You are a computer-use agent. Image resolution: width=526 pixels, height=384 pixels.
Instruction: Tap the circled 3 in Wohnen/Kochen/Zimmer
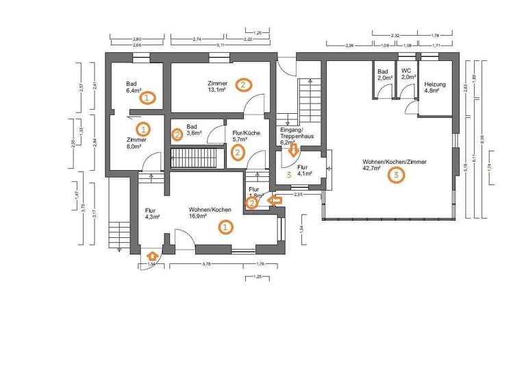click(x=396, y=175)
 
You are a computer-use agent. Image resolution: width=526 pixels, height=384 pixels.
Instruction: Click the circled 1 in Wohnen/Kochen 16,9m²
click(x=224, y=226)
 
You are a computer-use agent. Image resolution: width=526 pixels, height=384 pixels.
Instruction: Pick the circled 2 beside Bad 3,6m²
click(x=177, y=134)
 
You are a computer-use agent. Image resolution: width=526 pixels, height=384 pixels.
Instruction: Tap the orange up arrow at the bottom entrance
click(x=151, y=256)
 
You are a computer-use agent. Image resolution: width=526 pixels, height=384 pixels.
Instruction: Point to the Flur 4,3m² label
click(x=152, y=214)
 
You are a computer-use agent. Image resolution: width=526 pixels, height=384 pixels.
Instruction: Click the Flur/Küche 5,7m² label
click(x=245, y=136)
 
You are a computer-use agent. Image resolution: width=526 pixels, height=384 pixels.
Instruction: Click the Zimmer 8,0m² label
click(x=134, y=142)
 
